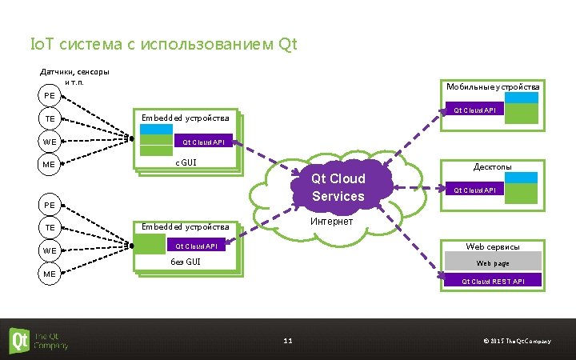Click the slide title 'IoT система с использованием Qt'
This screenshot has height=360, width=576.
coord(162,44)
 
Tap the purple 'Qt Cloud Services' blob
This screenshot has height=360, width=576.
coord(338,187)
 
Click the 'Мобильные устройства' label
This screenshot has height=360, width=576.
coord(493,86)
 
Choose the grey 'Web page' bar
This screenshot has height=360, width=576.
coord(493,262)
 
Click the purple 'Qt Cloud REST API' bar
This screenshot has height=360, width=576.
coord(493,281)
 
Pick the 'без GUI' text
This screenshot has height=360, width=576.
coord(186,262)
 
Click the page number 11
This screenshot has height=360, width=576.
coord(288,342)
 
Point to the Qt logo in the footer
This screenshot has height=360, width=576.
coord(19,340)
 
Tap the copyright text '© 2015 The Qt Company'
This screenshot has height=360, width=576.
coord(517,342)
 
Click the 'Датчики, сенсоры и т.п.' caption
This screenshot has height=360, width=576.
coord(74,77)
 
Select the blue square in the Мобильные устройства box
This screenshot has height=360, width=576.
coord(523,98)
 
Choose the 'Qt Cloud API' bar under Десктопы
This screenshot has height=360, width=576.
coord(475,190)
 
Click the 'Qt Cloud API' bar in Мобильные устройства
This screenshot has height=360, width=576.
coord(475,110)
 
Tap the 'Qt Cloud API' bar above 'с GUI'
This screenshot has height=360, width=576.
coord(203,142)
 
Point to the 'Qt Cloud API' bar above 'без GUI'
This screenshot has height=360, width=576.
coord(195,246)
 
